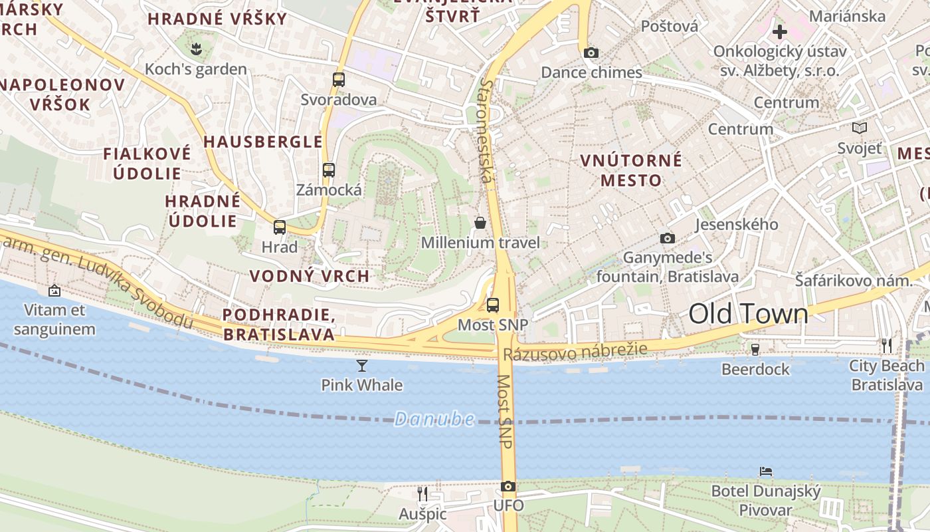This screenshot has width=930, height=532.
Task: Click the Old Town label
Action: pyautogui.click(x=748, y=314)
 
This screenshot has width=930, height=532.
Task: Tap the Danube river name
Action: pyautogui.click(x=434, y=419)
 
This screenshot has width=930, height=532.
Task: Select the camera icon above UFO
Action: pyautogui.click(x=508, y=487)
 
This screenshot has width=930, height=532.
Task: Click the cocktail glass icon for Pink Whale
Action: pyautogui.click(x=362, y=366)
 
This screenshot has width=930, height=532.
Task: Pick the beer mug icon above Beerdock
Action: pyautogui.click(x=755, y=350)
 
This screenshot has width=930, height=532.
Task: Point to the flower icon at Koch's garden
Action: pyautogui.click(x=196, y=49)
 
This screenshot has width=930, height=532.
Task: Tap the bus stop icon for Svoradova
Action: pyautogui.click(x=339, y=80)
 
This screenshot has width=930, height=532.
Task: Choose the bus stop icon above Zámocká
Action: pyautogui.click(x=329, y=170)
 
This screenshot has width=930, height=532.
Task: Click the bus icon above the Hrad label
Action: pyautogui.click(x=280, y=227)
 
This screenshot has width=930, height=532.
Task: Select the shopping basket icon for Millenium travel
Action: pyautogui.click(x=480, y=223)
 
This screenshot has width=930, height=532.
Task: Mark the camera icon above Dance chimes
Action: pyautogui.click(x=591, y=53)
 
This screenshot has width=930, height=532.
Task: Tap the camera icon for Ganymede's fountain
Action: pyautogui.click(x=668, y=238)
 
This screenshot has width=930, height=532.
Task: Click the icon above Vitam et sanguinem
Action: pyautogui.click(x=54, y=291)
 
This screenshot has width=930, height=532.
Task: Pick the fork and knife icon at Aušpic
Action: pyautogui.click(x=422, y=493)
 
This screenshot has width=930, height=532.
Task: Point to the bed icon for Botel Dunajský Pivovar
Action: pyautogui.click(x=766, y=471)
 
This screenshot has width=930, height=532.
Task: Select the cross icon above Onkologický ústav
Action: pyautogui.click(x=780, y=31)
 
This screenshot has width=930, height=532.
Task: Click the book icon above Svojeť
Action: pyautogui.click(x=860, y=128)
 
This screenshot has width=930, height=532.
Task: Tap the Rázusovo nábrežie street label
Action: pyautogui.click(x=575, y=352)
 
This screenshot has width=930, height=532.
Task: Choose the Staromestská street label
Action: pyautogui.click(x=487, y=130)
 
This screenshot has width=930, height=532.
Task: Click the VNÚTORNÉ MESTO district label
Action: pyautogui.click(x=631, y=170)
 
